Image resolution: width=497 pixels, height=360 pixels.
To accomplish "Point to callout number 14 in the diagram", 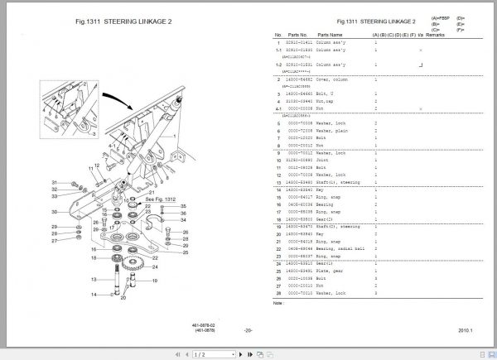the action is point(95,295).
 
